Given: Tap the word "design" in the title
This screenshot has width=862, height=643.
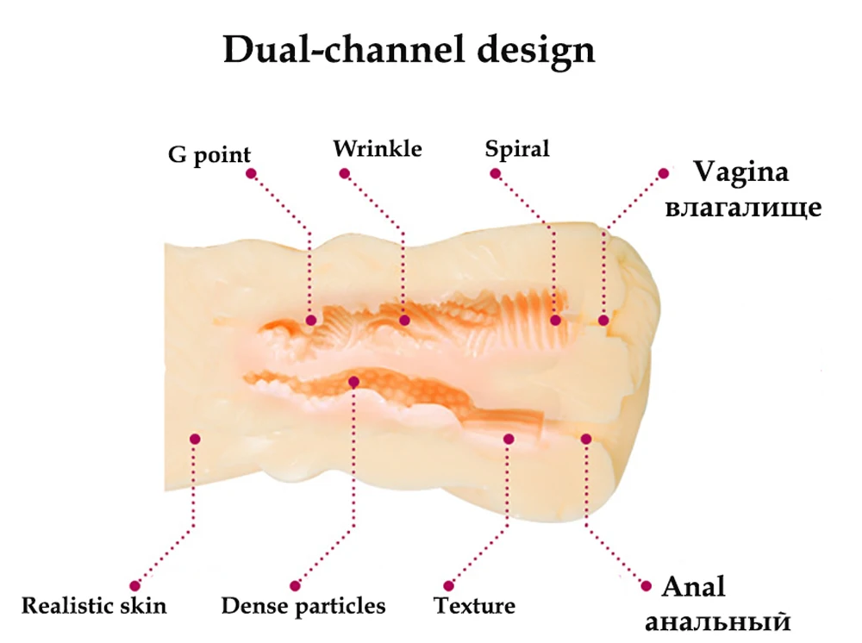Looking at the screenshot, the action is (x=536, y=51).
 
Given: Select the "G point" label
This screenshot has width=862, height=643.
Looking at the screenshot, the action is (x=209, y=155).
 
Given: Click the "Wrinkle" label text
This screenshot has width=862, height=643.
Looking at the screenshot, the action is (x=378, y=149).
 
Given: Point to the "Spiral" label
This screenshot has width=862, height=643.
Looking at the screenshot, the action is (x=516, y=149).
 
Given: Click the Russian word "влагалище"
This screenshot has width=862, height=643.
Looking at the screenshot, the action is (x=743, y=207).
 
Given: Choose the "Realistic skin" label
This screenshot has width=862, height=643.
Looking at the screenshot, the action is (x=94, y=606).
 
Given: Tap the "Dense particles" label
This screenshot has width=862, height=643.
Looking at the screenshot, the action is (x=303, y=606).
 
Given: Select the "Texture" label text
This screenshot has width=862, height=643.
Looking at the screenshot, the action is (x=474, y=606).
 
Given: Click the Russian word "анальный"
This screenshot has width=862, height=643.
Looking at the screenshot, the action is (x=718, y=621).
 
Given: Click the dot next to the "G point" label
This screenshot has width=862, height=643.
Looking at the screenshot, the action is (x=251, y=173).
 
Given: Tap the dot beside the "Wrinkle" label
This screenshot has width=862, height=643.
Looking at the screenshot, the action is (x=345, y=173).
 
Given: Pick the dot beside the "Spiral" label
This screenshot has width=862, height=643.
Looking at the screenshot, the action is (x=496, y=173).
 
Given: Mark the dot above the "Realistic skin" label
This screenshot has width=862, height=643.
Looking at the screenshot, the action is (x=134, y=586).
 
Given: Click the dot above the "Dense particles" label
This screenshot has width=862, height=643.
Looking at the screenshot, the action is (x=295, y=586).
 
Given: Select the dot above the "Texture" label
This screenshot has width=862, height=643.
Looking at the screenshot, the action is (x=449, y=586).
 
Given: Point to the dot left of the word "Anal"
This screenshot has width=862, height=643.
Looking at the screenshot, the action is (x=646, y=586).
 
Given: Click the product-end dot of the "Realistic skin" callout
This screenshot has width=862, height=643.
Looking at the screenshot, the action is (x=195, y=439).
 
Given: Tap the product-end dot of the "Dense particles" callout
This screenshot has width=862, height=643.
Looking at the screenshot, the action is (x=354, y=381).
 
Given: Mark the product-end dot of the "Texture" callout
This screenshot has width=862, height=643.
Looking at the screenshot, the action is (x=509, y=439).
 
